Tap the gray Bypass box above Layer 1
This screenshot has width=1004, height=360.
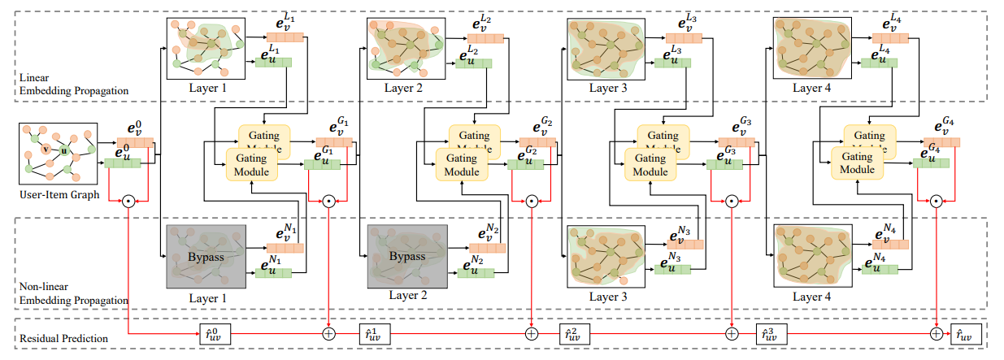point(206,257)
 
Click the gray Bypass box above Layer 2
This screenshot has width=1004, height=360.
point(407,257)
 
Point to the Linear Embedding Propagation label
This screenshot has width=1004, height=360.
point(73,85)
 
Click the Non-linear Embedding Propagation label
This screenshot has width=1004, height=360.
point(73,294)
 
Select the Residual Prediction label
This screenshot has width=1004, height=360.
point(60,335)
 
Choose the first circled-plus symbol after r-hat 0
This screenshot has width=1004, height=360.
point(329,333)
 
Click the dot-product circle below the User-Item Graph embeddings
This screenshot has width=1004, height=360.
point(128,200)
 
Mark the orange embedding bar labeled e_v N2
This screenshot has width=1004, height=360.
point(487,248)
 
